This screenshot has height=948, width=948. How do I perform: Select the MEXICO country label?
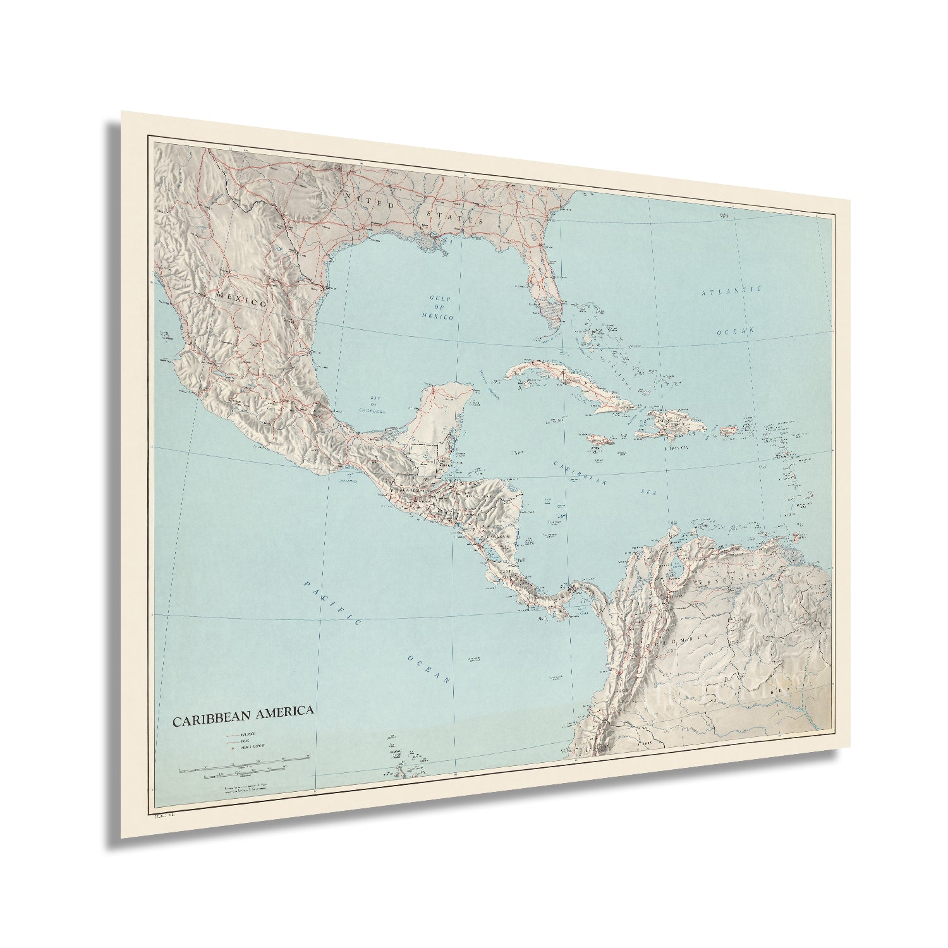pos(241,300)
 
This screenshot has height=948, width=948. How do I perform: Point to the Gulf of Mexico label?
pos(441,306)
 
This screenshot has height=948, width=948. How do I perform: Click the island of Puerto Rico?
pos(731,430)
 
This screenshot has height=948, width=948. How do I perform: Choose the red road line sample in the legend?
pos(232,739)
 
